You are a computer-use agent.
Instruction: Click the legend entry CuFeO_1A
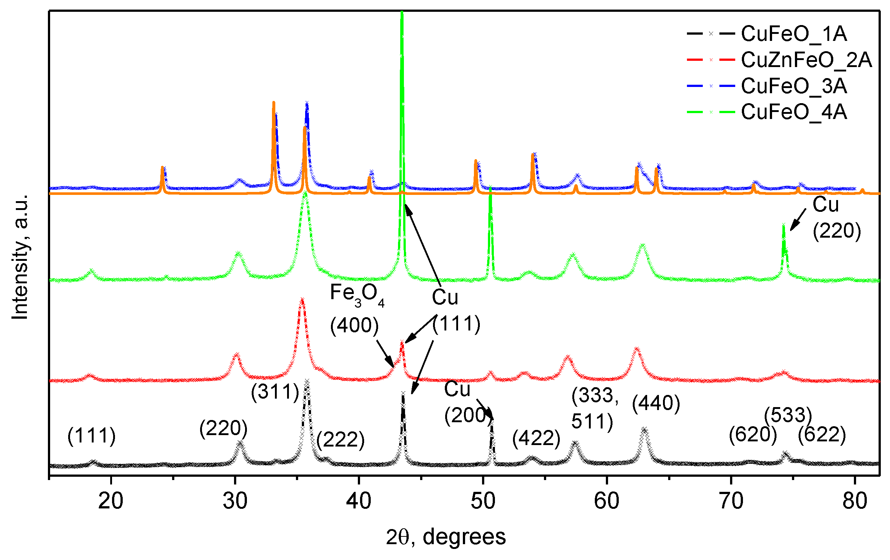pyautogui.click(x=793, y=34)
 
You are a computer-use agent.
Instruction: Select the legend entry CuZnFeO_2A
pyautogui.click(x=806, y=60)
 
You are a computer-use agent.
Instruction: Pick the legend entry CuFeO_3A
pyautogui.click(x=793, y=86)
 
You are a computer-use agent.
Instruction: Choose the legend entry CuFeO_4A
pyautogui.click(x=793, y=112)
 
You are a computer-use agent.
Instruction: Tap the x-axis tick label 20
pyautogui.click(x=111, y=501)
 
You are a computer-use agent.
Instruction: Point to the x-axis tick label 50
pyautogui.click(x=483, y=501)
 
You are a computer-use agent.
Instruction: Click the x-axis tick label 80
pyautogui.click(x=855, y=501)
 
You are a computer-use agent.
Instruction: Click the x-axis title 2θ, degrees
pyautogui.click(x=446, y=537)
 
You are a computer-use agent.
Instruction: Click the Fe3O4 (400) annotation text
pyautogui.click(x=355, y=309)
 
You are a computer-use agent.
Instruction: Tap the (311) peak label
pyautogui.click(x=275, y=392)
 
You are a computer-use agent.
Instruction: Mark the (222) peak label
pyautogui.click(x=341, y=440)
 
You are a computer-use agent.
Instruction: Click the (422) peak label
pyautogui.click(x=536, y=438)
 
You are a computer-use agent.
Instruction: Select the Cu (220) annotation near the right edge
pyautogui.click(x=837, y=218)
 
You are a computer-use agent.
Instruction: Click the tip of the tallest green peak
pyautogui.click(x=402, y=13)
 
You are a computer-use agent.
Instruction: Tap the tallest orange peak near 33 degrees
pyautogui.click(x=273, y=102)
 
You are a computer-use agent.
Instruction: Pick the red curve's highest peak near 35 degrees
pyautogui.click(x=302, y=299)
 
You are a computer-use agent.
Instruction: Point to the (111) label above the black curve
pyautogui.click(x=91, y=435)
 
